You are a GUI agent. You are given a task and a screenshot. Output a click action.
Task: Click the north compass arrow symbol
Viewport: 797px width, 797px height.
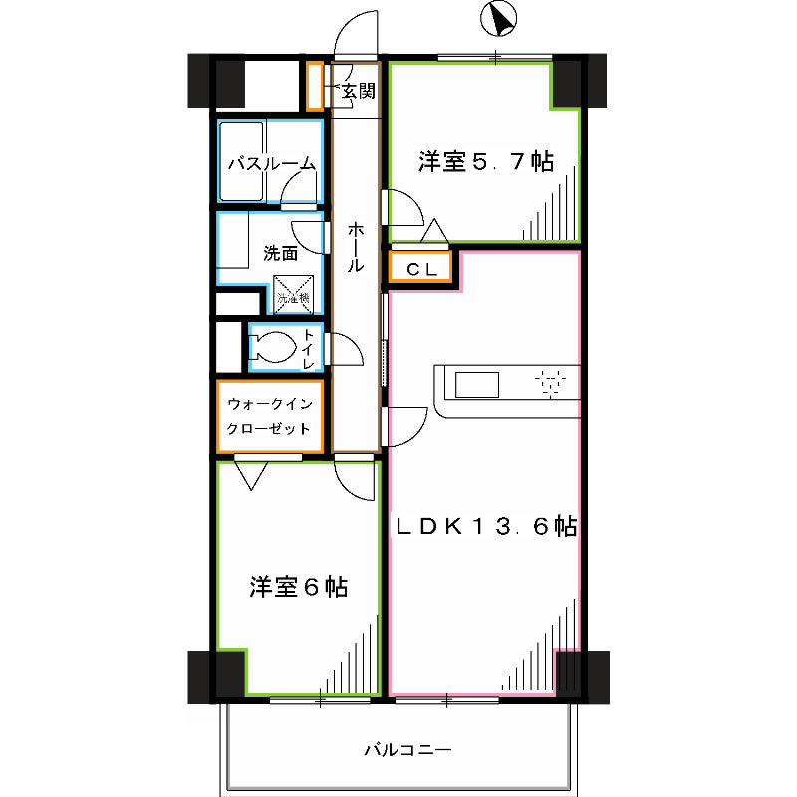(498, 17)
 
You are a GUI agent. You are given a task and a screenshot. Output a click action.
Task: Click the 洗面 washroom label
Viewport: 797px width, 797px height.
(280, 253)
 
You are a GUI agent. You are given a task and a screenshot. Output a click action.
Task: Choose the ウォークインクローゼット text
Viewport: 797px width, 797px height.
(270, 416)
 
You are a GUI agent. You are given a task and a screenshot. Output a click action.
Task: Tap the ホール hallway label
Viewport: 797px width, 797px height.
(356, 249)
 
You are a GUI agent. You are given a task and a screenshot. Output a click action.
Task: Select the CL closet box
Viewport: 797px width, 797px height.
(419, 268)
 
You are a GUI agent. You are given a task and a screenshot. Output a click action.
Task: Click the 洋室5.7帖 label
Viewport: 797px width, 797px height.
(485, 161)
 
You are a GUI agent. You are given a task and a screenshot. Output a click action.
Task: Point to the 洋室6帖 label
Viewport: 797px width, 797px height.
(298, 587)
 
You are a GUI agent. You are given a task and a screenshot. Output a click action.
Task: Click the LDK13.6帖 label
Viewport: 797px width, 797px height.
(486, 527)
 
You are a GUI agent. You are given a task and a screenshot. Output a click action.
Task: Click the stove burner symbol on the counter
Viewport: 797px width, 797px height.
(549, 384)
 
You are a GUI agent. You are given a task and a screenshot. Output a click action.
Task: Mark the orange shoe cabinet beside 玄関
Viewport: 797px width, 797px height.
(314, 87)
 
